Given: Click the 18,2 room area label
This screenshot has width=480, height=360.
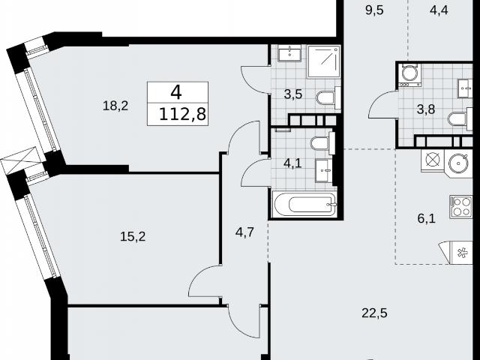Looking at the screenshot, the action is [115, 106].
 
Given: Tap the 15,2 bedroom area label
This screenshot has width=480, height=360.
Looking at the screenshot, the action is [133, 236].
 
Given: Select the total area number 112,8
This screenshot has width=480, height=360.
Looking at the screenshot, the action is [183, 115].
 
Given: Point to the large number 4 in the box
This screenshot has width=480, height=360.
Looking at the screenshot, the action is [176, 92].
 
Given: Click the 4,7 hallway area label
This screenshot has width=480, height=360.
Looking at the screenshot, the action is [244, 232].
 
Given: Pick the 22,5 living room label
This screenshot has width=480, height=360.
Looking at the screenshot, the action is [374, 313].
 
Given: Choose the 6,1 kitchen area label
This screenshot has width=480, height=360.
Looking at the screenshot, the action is [426, 218].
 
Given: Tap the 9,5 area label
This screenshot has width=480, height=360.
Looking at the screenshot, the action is [374, 10].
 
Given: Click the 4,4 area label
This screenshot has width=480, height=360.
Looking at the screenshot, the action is [439, 10].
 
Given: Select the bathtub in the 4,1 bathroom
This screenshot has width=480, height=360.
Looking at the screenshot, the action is [305, 204].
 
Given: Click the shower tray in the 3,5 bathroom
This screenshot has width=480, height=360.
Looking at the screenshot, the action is [324, 61].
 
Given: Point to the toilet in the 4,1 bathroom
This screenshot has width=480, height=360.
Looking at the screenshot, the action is [322, 143].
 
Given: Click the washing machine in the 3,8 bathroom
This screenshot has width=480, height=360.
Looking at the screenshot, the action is [409, 75].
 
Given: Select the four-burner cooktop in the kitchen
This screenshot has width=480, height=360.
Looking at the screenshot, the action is [460, 207].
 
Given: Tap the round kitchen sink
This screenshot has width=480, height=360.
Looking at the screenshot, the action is [459, 163].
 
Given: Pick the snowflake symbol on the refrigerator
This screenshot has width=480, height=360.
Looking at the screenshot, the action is [462, 253].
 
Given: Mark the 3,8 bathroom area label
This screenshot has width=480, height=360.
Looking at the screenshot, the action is [426, 109].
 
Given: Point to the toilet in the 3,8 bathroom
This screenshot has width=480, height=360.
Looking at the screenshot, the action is [460, 119].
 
